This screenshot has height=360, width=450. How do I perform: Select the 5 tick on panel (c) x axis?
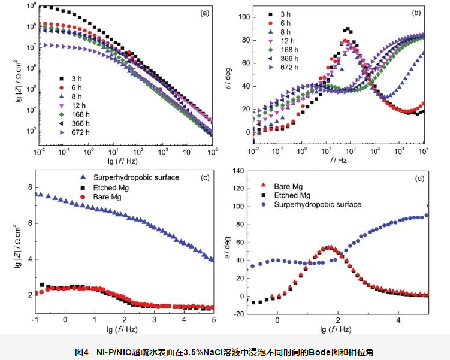coord(213,322)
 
